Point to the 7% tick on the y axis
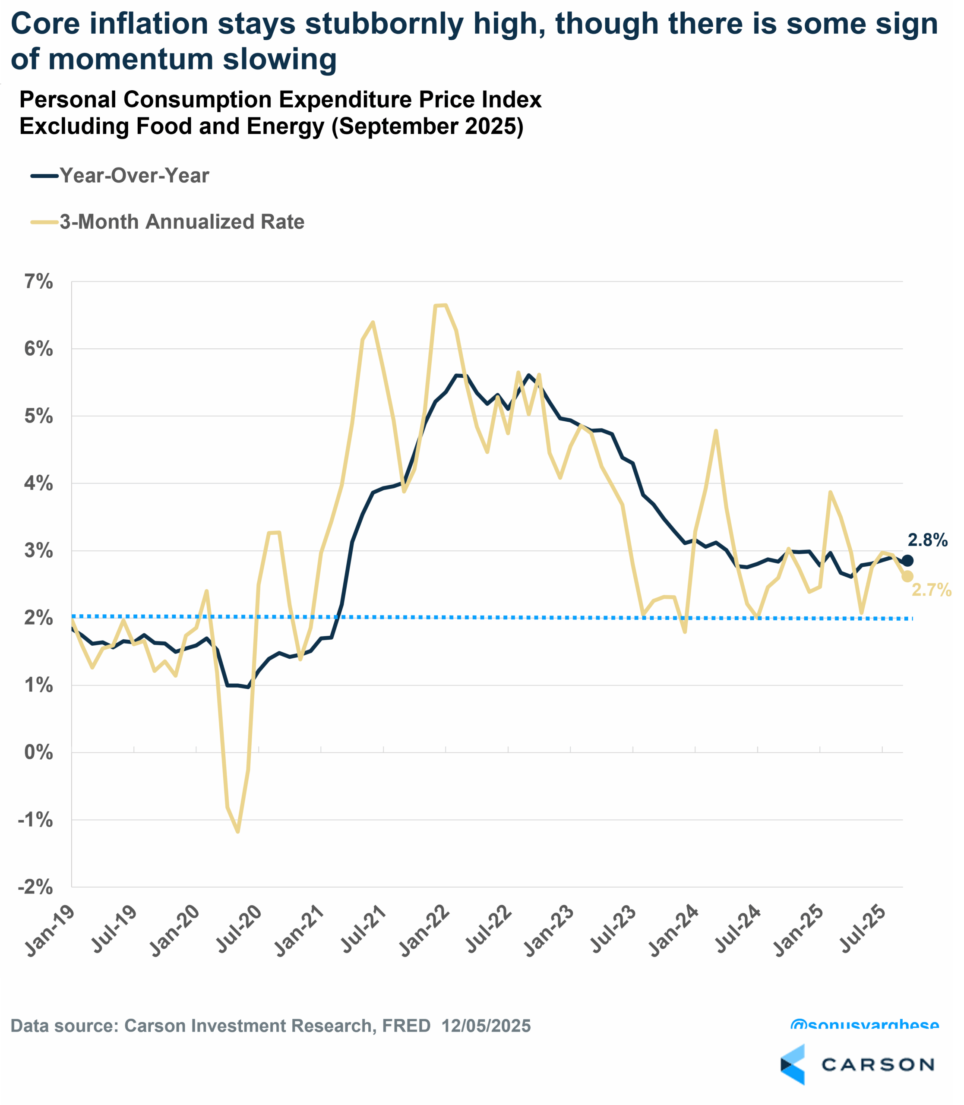click(x=39, y=281)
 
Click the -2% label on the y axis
click(x=35, y=887)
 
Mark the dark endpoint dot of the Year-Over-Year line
click(x=907, y=561)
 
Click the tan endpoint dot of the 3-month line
click(x=907, y=576)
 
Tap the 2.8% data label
click(x=927, y=540)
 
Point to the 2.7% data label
click(x=931, y=590)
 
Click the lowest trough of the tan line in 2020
click(x=237, y=832)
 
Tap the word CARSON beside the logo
click(x=878, y=1065)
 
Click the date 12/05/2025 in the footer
click(x=486, y=1026)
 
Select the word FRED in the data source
click(x=406, y=1026)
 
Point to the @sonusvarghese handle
click(x=864, y=1026)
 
